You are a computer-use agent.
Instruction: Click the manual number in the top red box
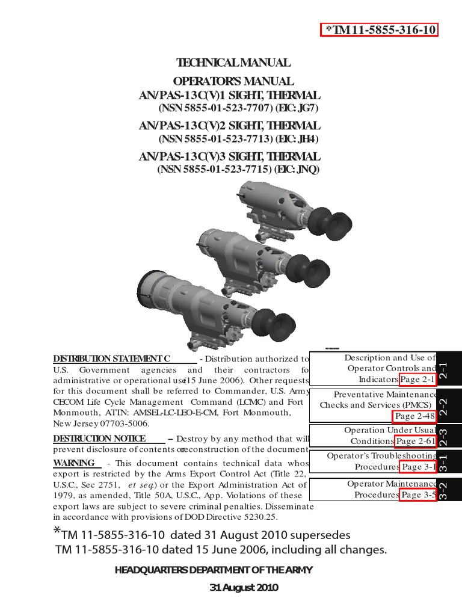click(380, 30)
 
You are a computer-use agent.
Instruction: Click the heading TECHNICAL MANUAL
click(233, 63)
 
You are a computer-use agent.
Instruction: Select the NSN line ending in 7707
click(238, 109)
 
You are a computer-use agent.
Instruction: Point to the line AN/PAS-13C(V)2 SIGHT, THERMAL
click(230, 126)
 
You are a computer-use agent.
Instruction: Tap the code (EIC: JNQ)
click(297, 170)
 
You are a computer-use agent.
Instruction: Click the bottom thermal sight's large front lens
click(156, 295)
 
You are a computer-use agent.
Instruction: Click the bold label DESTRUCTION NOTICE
click(99, 439)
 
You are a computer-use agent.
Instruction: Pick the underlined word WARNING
click(74, 463)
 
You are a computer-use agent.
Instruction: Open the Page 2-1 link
click(417, 380)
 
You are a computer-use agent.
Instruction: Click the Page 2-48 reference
click(414, 416)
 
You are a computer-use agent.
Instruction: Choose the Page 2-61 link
click(415, 442)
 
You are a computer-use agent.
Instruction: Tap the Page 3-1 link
click(417, 467)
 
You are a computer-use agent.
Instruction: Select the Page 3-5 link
click(417, 495)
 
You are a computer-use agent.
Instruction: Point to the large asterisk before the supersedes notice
click(57, 532)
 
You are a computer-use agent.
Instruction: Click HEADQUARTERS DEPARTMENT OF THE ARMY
click(214, 570)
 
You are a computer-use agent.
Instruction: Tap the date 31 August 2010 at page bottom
click(244, 588)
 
